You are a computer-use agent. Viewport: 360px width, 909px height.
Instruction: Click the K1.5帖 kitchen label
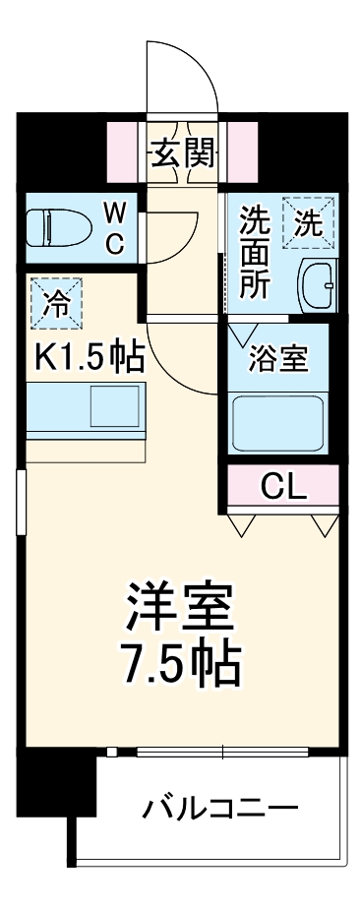coord(90,355)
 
